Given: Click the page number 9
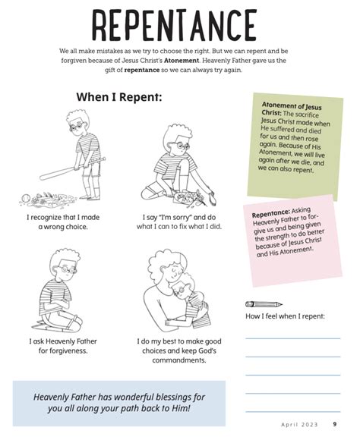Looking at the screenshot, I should click(x=335, y=424).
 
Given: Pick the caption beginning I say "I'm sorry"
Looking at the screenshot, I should click(x=179, y=222).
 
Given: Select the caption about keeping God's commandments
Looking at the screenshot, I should click(x=179, y=350).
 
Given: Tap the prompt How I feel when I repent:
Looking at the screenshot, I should click(x=285, y=316).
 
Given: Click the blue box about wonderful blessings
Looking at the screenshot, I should click(x=119, y=403).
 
